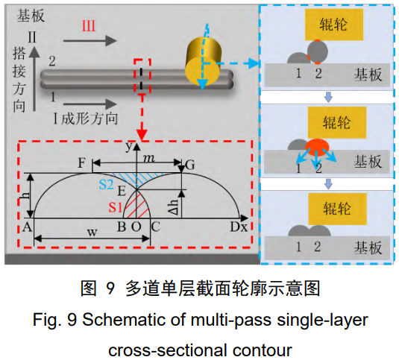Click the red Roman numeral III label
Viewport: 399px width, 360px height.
click(89, 26)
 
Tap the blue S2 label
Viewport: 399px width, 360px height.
click(106, 184)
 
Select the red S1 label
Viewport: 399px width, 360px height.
click(116, 207)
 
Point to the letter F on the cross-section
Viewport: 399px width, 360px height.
click(81, 163)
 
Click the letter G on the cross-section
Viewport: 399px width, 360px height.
click(190, 165)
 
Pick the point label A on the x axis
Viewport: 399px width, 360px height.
click(28, 227)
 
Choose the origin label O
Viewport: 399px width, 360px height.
click(136, 227)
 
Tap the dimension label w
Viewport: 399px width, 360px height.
click(92, 233)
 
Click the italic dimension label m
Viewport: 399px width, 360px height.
click(149, 159)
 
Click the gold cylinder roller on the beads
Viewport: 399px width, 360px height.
click(204, 62)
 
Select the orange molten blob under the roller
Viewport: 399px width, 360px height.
click(317, 147)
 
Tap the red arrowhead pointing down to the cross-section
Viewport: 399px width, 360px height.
click(142, 134)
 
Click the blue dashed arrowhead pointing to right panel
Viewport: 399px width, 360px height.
click(254, 63)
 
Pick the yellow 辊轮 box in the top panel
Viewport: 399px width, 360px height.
click(334, 25)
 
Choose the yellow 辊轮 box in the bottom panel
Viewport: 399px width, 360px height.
click(338, 209)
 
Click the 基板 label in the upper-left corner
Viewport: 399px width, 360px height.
click(31, 16)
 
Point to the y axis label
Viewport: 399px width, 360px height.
click(129, 147)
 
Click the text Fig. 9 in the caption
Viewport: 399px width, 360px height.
click(54, 320)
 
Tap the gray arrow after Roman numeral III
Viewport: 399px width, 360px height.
click(90, 41)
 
